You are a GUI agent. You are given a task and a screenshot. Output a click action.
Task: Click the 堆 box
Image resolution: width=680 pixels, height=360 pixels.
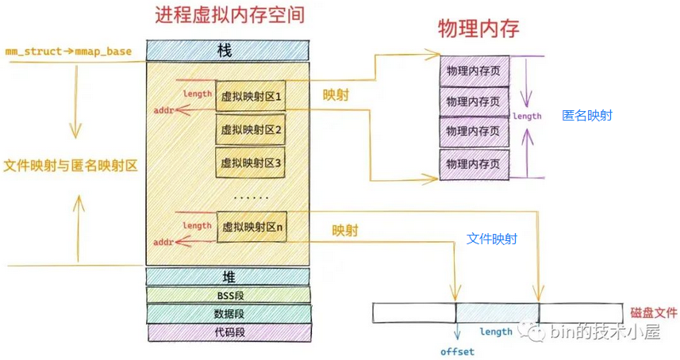[x=227, y=276]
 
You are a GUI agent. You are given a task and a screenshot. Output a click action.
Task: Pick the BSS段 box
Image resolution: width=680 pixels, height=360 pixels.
[x=227, y=295]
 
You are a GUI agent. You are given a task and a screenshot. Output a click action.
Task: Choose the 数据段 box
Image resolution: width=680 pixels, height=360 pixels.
[x=227, y=314]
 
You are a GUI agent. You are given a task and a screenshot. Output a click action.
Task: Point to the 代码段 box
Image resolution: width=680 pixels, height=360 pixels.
[x=227, y=332]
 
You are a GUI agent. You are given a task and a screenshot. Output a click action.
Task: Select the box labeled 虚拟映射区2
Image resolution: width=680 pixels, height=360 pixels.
[x=252, y=129]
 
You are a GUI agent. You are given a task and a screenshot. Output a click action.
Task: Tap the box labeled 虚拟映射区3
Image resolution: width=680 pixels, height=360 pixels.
[x=252, y=163]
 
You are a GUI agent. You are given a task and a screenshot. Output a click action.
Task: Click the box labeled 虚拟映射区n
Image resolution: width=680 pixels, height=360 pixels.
[x=252, y=227]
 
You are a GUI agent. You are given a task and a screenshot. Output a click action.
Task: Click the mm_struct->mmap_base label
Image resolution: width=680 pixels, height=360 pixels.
[x=68, y=52]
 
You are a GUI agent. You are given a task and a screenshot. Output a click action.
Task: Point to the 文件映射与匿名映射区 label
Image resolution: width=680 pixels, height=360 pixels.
[x=71, y=166]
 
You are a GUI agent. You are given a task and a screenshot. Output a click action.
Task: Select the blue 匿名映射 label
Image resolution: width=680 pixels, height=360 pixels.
[x=586, y=116]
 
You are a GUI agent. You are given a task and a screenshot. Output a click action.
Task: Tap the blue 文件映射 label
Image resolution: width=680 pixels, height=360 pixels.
[x=492, y=238]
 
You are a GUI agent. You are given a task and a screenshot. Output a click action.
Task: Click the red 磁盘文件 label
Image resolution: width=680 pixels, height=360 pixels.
[x=653, y=312]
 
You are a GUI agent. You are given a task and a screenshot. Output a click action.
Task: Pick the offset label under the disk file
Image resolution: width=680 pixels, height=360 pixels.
[x=457, y=351]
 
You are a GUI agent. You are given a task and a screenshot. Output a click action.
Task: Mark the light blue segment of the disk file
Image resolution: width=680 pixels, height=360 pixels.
[x=497, y=312]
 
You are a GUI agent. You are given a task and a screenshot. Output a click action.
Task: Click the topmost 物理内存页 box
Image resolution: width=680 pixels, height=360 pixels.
[x=473, y=71]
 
